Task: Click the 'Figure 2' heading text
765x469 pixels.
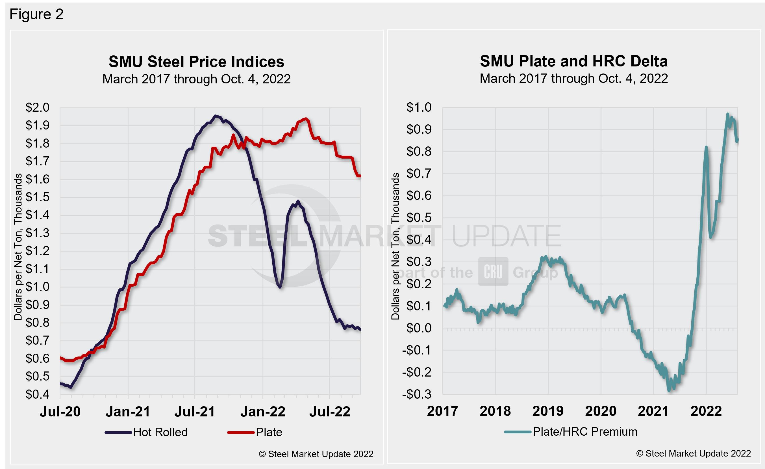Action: [x=36, y=14]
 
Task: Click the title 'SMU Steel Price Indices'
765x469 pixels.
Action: [x=196, y=62]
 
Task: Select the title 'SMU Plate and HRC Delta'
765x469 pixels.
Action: [x=573, y=61]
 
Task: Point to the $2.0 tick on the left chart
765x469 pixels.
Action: [x=37, y=107]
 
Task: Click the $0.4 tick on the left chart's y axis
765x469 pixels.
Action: [x=37, y=394]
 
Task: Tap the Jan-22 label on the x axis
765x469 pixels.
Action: [x=263, y=412]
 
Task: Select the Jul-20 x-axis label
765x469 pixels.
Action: [x=60, y=412]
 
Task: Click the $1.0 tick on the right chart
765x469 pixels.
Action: [x=419, y=107]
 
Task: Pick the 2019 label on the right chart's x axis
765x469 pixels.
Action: [x=548, y=411]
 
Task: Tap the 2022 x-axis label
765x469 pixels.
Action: [x=706, y=411]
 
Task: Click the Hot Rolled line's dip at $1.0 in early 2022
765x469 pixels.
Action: [x=280, y=287]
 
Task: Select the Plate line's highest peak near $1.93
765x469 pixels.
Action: [x=306, y=119]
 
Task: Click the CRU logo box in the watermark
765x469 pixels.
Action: [x=493, y=271]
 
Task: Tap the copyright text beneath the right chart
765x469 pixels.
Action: [x=693, y=453]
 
